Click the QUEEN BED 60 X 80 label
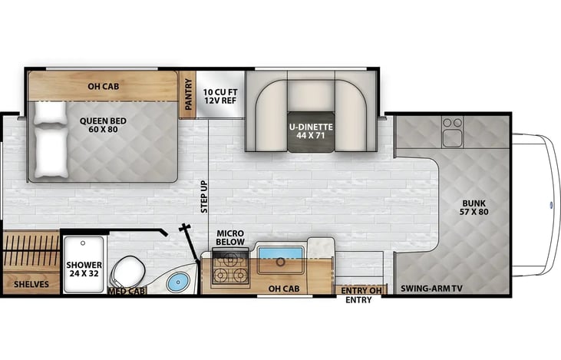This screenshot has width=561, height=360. pos(103,125)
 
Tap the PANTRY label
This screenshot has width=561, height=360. pos(189,94)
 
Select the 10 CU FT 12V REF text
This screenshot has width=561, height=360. pos(220,97)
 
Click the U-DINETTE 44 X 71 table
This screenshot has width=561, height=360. pos(312,131)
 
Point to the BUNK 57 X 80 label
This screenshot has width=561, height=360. pos(474,207)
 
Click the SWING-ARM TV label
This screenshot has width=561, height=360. pos(431,289)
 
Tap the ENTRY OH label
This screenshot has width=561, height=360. pos(361,291)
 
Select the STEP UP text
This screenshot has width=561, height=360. pos(204,197)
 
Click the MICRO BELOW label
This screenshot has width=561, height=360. pos(230,238)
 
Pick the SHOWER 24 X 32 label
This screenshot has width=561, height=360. pos(84,269)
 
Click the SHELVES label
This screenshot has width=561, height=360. pos(31,285)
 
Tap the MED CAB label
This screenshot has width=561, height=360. pos(127,291)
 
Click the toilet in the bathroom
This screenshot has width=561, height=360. pos(127,273)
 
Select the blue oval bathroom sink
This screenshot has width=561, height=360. pos(178,282)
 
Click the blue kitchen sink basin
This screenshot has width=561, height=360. pos(281,253)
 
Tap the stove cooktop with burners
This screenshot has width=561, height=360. pos(230,269)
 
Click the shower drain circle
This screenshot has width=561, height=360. pos(83,243)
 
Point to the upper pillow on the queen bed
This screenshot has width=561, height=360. pos(50,113)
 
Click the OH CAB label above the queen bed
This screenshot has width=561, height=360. pos(104,86)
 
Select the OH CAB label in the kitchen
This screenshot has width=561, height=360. pos(284,289)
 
